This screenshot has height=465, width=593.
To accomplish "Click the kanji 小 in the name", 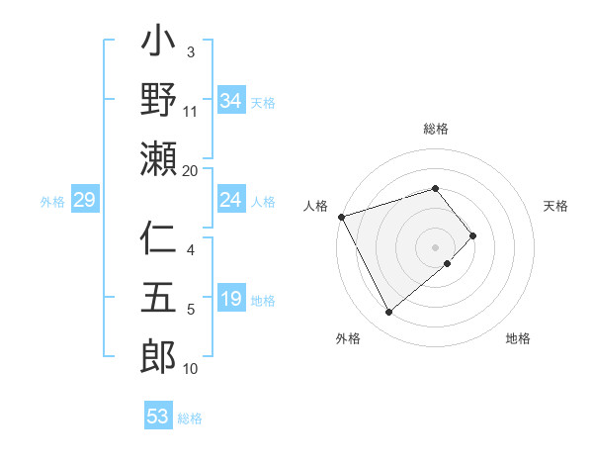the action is (x=158, y=43).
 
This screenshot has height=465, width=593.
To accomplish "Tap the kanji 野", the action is (x=158, y=101).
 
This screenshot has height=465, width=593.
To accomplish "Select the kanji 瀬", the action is (x=158, y=158).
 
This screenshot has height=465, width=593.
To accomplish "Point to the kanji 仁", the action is (x=158, y=240).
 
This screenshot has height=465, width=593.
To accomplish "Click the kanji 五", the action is (x=158, y=299).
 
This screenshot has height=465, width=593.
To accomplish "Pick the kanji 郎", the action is (x=158, y=357).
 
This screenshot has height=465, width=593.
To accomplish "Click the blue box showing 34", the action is (x=230, y=101).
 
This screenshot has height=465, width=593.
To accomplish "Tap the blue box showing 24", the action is (x=230, y=201).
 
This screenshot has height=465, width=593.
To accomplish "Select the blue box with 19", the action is (x=230, y=300).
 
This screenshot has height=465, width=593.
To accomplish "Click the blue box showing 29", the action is (x=84, y=201).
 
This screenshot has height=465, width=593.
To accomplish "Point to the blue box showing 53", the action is (x=158, y=417).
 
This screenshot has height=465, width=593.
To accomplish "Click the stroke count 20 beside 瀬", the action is (x=190, y=171).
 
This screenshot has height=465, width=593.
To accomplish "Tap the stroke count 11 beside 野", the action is (x=190, y=111).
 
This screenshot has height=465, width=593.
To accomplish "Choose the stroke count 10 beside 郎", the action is (x=190, y=369).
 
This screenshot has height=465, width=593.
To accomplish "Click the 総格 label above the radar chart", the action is (x=436, y=129).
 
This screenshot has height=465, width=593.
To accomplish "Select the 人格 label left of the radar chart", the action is (x=316, y=206).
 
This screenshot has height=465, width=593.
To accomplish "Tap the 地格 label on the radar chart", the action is (x=518, y=339).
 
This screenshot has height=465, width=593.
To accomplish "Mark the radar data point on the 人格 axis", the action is (x=341, y=216).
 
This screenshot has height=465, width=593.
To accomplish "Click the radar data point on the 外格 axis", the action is (x=388, y=313).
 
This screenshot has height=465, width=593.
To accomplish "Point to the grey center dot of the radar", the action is (x=436, y=246).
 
